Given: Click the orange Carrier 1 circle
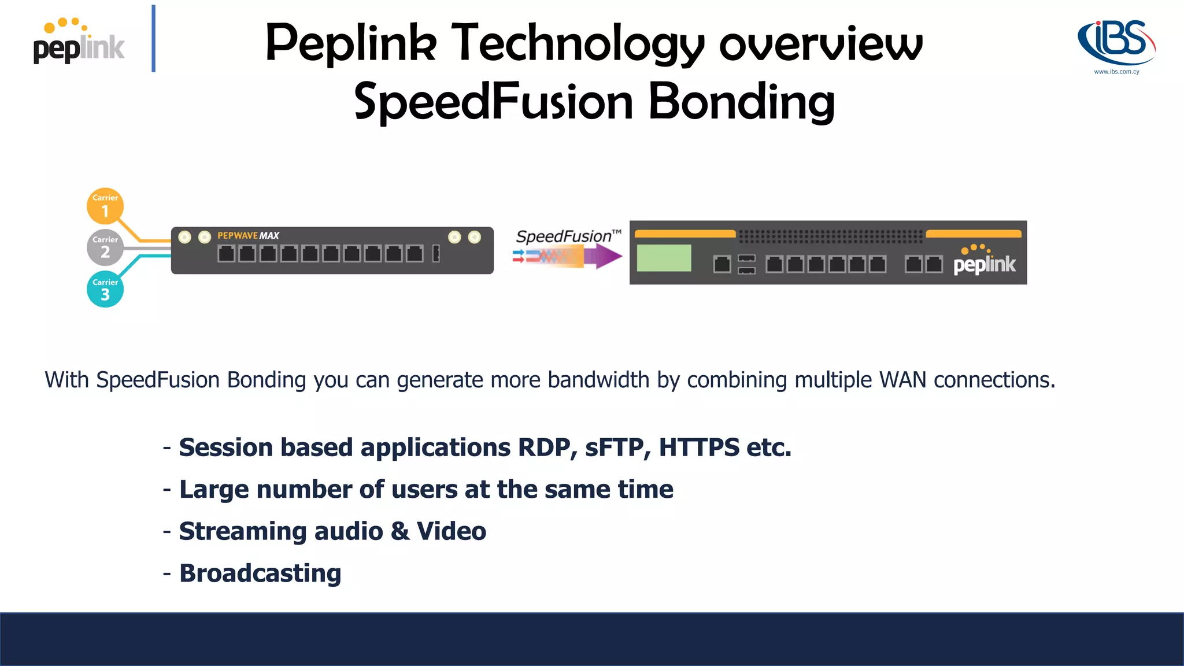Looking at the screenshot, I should pos(105,206).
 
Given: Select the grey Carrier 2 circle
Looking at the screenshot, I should pos(105,247).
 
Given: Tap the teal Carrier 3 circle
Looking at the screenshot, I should pos(105,289).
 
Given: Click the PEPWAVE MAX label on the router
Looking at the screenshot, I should pos(248,236).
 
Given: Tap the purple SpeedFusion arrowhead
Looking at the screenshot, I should pos(607,256).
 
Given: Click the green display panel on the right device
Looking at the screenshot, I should pos(664,258).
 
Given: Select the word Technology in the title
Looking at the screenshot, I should pos(577,44).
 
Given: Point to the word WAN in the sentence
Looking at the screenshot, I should pos(902,380).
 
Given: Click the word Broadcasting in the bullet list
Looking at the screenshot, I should pos(260,573).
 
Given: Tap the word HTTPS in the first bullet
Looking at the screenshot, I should pos(699,447).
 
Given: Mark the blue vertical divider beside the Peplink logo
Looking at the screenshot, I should pos(153,38).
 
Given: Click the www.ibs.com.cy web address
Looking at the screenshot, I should pos(1116,72).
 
